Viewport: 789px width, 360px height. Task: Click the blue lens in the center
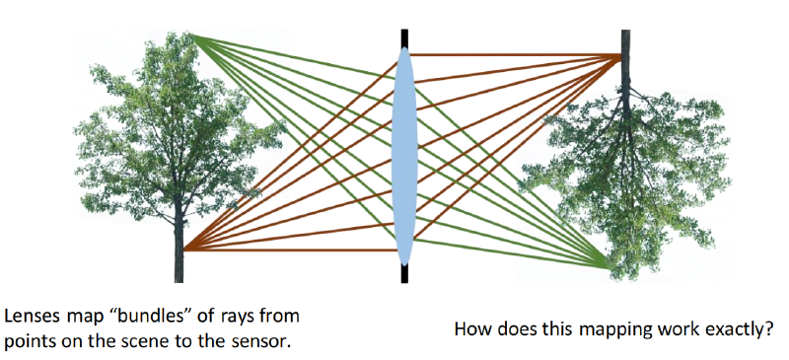[x=405, y=156]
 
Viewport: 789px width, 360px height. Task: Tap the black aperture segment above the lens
[x=404, y=38]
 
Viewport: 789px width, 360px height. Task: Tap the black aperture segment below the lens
[x=404, y=273]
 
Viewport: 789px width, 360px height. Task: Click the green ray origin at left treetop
[x=189, y=35]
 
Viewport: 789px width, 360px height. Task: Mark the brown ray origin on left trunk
[x=184, y=250]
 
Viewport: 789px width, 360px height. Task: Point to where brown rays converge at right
[x=621, y=55]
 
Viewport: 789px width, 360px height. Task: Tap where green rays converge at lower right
[x=608, y=267]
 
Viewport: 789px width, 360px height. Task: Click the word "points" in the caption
[x=29, y=342]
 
